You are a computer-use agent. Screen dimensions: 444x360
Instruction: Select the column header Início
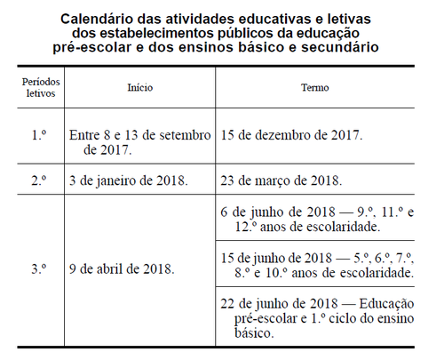pyautogui.click(x=140, y=88)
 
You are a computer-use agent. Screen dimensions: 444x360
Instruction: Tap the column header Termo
pyautogui.click(x=315, y=88)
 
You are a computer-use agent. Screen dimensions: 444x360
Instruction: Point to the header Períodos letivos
pyautogui.click(x=36, y=88)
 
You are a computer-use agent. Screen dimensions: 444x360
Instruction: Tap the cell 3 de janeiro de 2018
pyautogui.click(x=128, y=180)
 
